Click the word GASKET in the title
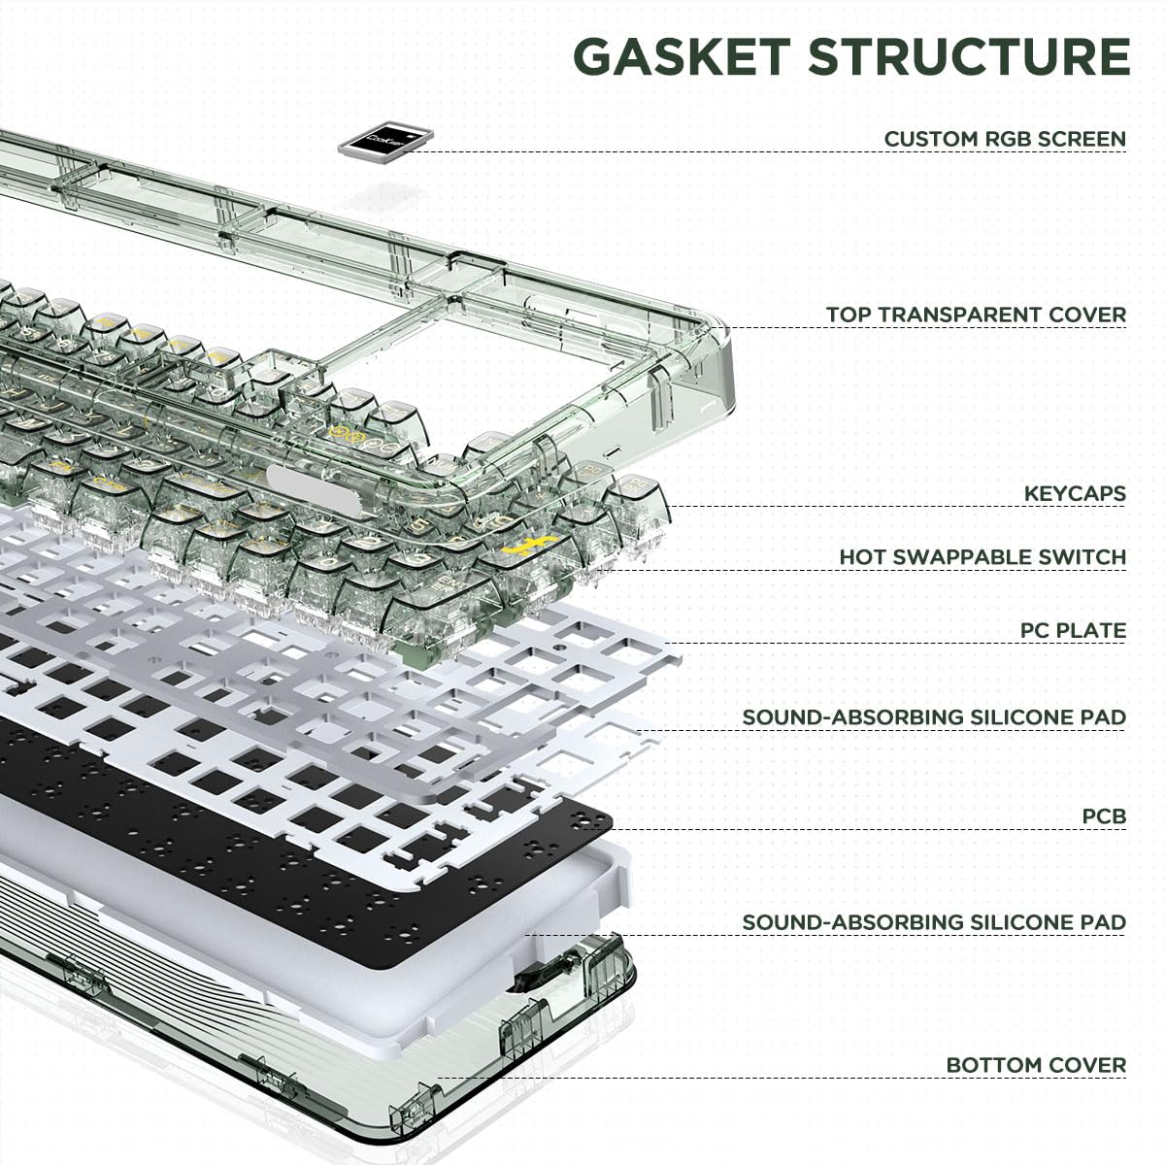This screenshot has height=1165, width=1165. (x=682, y=56)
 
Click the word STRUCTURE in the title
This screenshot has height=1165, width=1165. (x=969, y=56)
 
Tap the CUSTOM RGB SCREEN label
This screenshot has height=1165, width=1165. (x=1005, y=139)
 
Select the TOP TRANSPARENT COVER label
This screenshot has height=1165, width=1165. (x=977, y=315)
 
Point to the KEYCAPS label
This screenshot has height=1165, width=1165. (x=1075, y=493)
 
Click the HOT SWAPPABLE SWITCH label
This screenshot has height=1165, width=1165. (x=983, y=557)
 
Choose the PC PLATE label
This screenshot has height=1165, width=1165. (x=1073, y=630)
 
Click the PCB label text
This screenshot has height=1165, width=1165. (x=1104, y=816)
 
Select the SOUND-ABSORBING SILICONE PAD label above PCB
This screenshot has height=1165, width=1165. (x=934, y=717)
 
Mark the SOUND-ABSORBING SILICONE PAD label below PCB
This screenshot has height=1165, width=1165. (x=934, y=922)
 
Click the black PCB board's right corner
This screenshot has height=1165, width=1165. (x=612, y=823)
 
